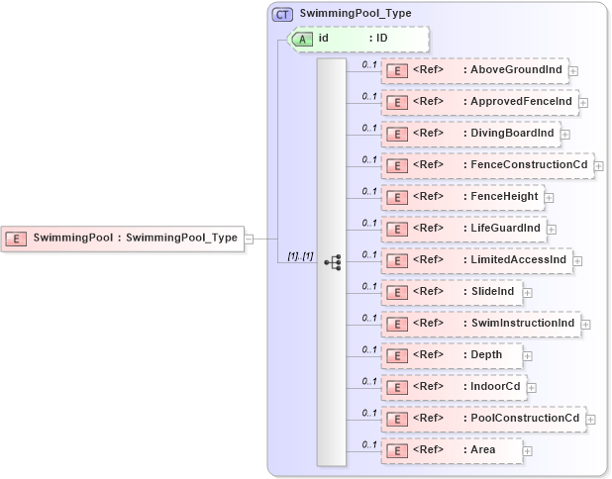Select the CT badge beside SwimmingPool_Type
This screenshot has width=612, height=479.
(x=282, y=14)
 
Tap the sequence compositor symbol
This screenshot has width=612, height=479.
(x=333, y=262)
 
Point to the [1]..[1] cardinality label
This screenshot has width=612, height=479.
(x=300, y=256)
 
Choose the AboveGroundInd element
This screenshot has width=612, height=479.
(x=474, y=70)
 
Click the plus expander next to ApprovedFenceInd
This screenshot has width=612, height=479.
(x=583, y=102)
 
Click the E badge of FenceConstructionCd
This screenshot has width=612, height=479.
(x=396, y=165)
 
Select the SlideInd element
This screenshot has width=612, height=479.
(x=455, y=292)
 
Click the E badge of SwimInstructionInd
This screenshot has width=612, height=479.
(x=396, y=324)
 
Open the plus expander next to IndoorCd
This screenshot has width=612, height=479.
(x=532, y=387)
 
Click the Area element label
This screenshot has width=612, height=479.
(x=483, y=450)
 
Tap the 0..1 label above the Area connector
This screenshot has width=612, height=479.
(x=368, y=443)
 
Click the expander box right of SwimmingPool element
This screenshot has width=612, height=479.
(x=249, y=238)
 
